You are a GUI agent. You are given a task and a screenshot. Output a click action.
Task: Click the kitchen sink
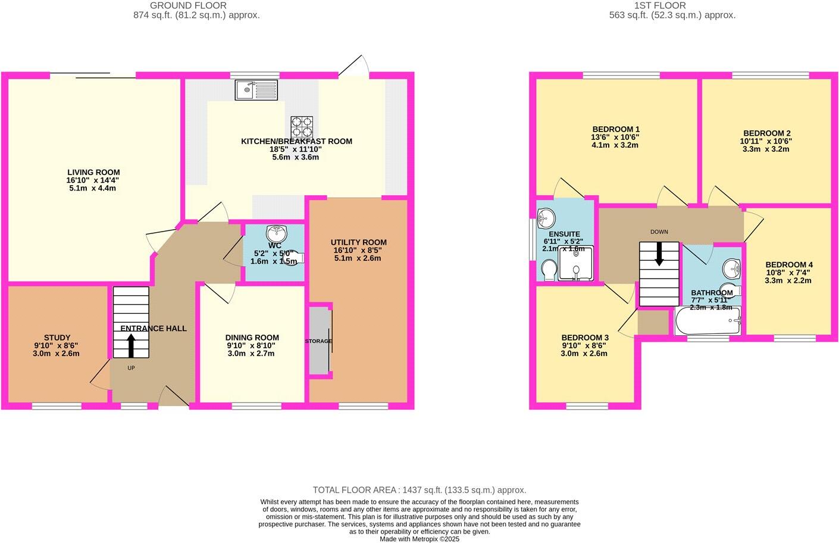pyautogui.click(x=256, y=90)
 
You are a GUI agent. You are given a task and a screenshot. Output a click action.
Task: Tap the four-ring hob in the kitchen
pyautogui.click(x=302, y=127)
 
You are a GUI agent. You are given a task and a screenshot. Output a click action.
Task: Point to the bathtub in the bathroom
pyautogui.click(x=707, y=322)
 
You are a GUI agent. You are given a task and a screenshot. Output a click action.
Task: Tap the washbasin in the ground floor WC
pyautogui.click(x=277, y=232)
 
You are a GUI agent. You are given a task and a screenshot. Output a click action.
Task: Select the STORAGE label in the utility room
pyautogui.click(x=318, y=341)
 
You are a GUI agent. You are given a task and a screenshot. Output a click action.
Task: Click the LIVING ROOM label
pyautogui.click(x=93, y=173)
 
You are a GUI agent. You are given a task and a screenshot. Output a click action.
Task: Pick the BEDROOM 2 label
pyautogui.click(x=766, y=133)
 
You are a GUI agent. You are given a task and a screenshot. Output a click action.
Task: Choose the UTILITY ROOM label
pyautogui.click(x=358, y=242)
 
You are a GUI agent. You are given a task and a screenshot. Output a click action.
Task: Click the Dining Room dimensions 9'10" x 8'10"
pyautogui.click(x=252, y=345)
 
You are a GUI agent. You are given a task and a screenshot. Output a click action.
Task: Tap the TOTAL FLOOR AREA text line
pyautogui.click(x=419, y=490)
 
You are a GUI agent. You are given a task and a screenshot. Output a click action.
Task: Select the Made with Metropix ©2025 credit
pyautogui.click(x=419, y=539)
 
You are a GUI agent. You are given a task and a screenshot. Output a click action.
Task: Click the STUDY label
pyautogui.click(x=57, y=338)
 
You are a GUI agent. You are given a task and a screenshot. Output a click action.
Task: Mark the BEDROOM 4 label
pyautogui.click(x=788, y=264)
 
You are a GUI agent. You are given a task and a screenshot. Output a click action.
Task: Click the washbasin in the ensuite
pyautogui.click(x=545, y=219)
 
